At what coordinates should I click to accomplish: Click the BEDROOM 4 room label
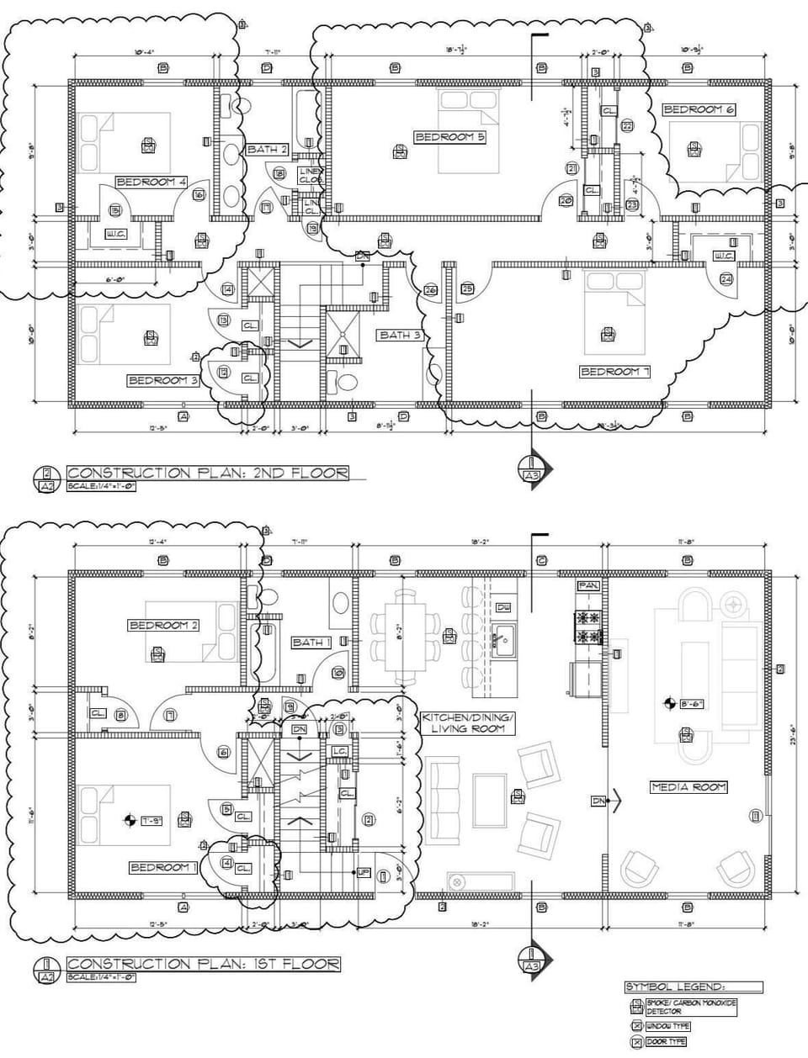pos(151,182)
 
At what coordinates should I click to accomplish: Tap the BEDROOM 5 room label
pos(449,136)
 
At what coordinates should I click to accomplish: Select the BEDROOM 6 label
pos(699,109)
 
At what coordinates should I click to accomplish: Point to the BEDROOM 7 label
pos(615,371)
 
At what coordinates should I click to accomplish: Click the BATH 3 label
pos(400,335)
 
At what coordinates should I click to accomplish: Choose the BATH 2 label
pos(268,149)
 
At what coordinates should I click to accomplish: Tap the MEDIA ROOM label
pos(688,787)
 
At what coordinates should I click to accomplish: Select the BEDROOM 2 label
pos(163,625)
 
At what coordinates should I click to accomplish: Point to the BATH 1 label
pos(311,642)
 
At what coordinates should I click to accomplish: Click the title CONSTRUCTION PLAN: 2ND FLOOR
pos(207,473)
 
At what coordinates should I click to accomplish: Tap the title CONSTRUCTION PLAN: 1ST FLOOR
pos(203,963)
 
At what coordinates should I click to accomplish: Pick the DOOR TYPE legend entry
pos(666,1042)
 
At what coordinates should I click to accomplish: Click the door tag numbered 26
pos(430,290)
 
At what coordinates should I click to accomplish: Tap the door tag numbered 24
pos(726,278)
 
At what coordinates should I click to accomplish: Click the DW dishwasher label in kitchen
pos(503,606)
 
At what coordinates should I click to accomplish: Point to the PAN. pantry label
pos(587,585)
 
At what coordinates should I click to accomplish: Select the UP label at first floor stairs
pos(363,871)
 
